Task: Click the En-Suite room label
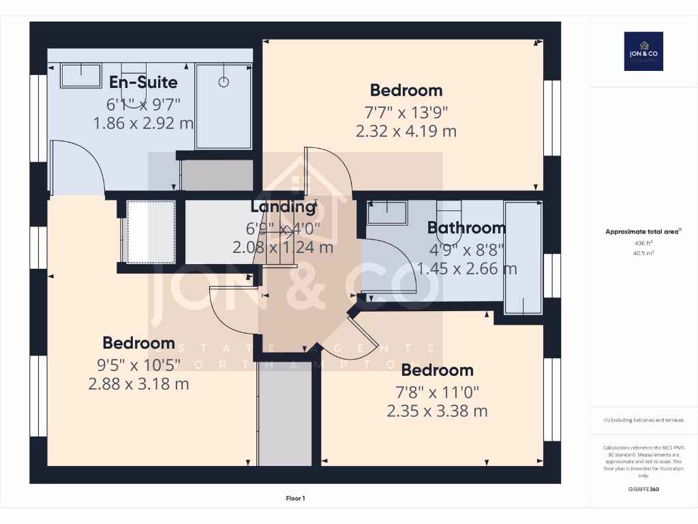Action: pyautogui.click(x=143, y=83)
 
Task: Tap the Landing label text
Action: pyautogui.click(x=283, y=206)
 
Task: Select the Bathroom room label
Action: pyautogui.click(x=466, y=228)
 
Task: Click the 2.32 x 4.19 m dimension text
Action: pyautogui.click(x=406, y=131)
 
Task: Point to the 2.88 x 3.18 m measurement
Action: pyautogui.click(x=138, y=384)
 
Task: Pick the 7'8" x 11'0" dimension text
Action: pyautogui.click(x=437, y=392)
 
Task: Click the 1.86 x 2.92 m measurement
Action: pyautogui.click(x=143, y=123)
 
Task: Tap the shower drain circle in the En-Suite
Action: pyautogui.click(x=224, y=82)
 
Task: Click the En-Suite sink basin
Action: pyautogui.click(x=80, y=75)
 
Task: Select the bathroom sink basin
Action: pyautogui.click(x=386, y=214)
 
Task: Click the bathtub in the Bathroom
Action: pyautogui.click(x=523, y=257)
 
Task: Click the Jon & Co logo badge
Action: pyautogui.click(x=643, y=51)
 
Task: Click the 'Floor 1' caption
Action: pyautogui.click(x=295, y=499)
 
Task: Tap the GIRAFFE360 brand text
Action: pyautogui.click(x=643, y=489)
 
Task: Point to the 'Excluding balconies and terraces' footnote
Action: pyautogui.click(x=643, y=420)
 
